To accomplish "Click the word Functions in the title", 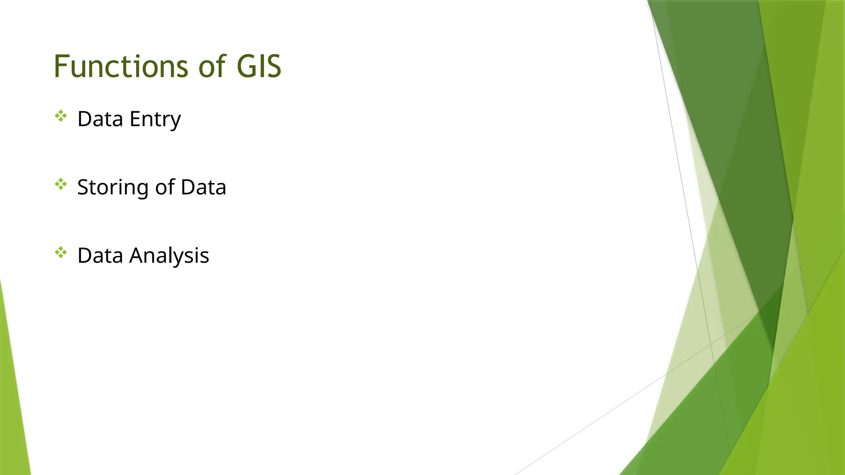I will point(122,66).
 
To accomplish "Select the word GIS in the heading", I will point(259,66).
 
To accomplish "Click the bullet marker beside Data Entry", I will point(61,116).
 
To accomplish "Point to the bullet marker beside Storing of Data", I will point(61,184).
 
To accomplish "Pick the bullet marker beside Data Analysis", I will point(61,252).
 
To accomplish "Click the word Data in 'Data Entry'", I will point(100,119).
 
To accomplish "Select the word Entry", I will point(155,120).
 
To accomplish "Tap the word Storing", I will point(113,188).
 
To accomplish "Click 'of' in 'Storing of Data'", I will point(165,187).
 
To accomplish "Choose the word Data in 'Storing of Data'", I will point(203,187).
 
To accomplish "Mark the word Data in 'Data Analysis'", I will point(100,256).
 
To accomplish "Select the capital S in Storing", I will point(83,187).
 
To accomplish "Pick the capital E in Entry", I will point(135,119).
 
